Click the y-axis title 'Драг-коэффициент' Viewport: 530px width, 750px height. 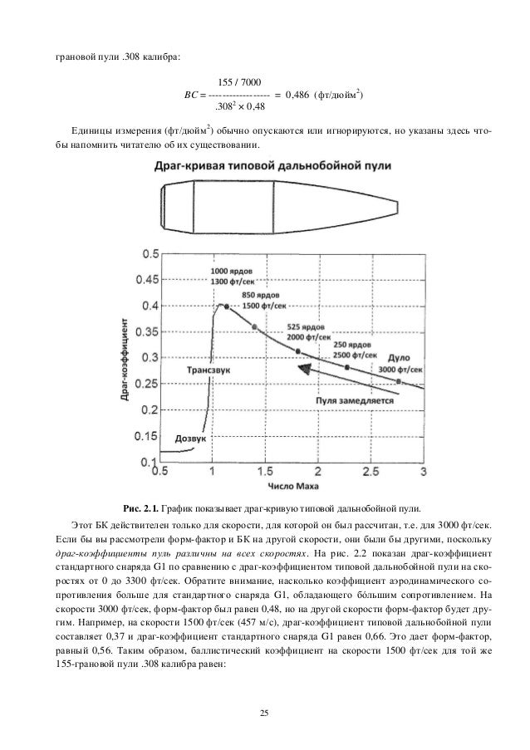point(125,357)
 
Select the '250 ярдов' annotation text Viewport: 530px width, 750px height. point(351,344)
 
